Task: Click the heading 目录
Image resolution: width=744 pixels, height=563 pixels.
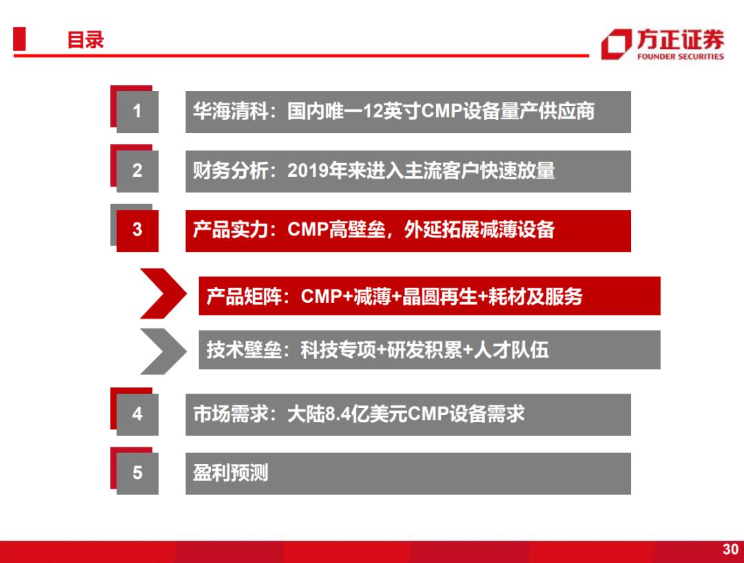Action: pos(85,40)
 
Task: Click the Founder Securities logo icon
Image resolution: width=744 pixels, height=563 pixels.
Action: pos(617,44)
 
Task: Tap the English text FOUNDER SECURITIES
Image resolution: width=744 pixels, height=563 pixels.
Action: pos(681,57)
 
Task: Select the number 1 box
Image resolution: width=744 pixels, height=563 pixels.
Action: pos(137,111)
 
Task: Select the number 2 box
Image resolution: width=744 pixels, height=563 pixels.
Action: pos(137,171)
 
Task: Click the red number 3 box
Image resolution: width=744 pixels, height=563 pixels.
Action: pos(137,230)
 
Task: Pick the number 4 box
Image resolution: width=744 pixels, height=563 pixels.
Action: pos(137,414)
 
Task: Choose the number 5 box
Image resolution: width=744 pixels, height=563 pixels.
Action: pos(137,473)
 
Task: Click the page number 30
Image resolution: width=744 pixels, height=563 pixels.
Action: pos(730,549)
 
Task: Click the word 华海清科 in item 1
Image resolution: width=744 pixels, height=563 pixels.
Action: pos(230,111)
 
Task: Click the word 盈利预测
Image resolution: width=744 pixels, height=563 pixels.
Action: pos(231,473)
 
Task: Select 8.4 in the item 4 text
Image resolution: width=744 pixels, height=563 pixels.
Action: pos(338,414)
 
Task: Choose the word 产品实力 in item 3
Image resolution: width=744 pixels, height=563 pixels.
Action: pos(230,230)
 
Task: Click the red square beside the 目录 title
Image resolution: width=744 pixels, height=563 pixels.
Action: pos(19,39)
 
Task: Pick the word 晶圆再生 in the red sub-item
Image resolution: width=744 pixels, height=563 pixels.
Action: pos(440,297)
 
